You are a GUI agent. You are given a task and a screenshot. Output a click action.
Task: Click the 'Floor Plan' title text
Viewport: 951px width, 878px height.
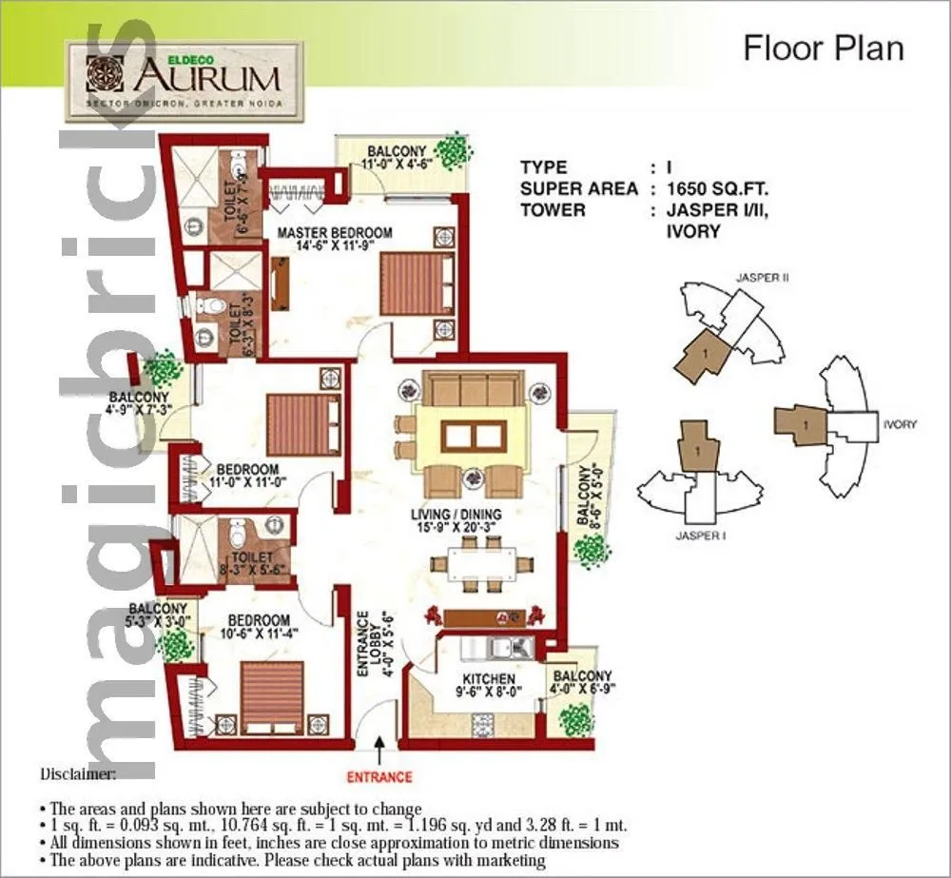tap(823, 48)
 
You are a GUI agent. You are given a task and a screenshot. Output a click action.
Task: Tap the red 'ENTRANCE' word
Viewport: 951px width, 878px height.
tap(378, 776)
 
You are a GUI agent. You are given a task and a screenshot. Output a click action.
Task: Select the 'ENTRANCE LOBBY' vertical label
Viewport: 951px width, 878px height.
tap(373, 644)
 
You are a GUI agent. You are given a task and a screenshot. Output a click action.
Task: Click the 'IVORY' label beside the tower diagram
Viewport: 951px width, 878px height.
tap(899, 424)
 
